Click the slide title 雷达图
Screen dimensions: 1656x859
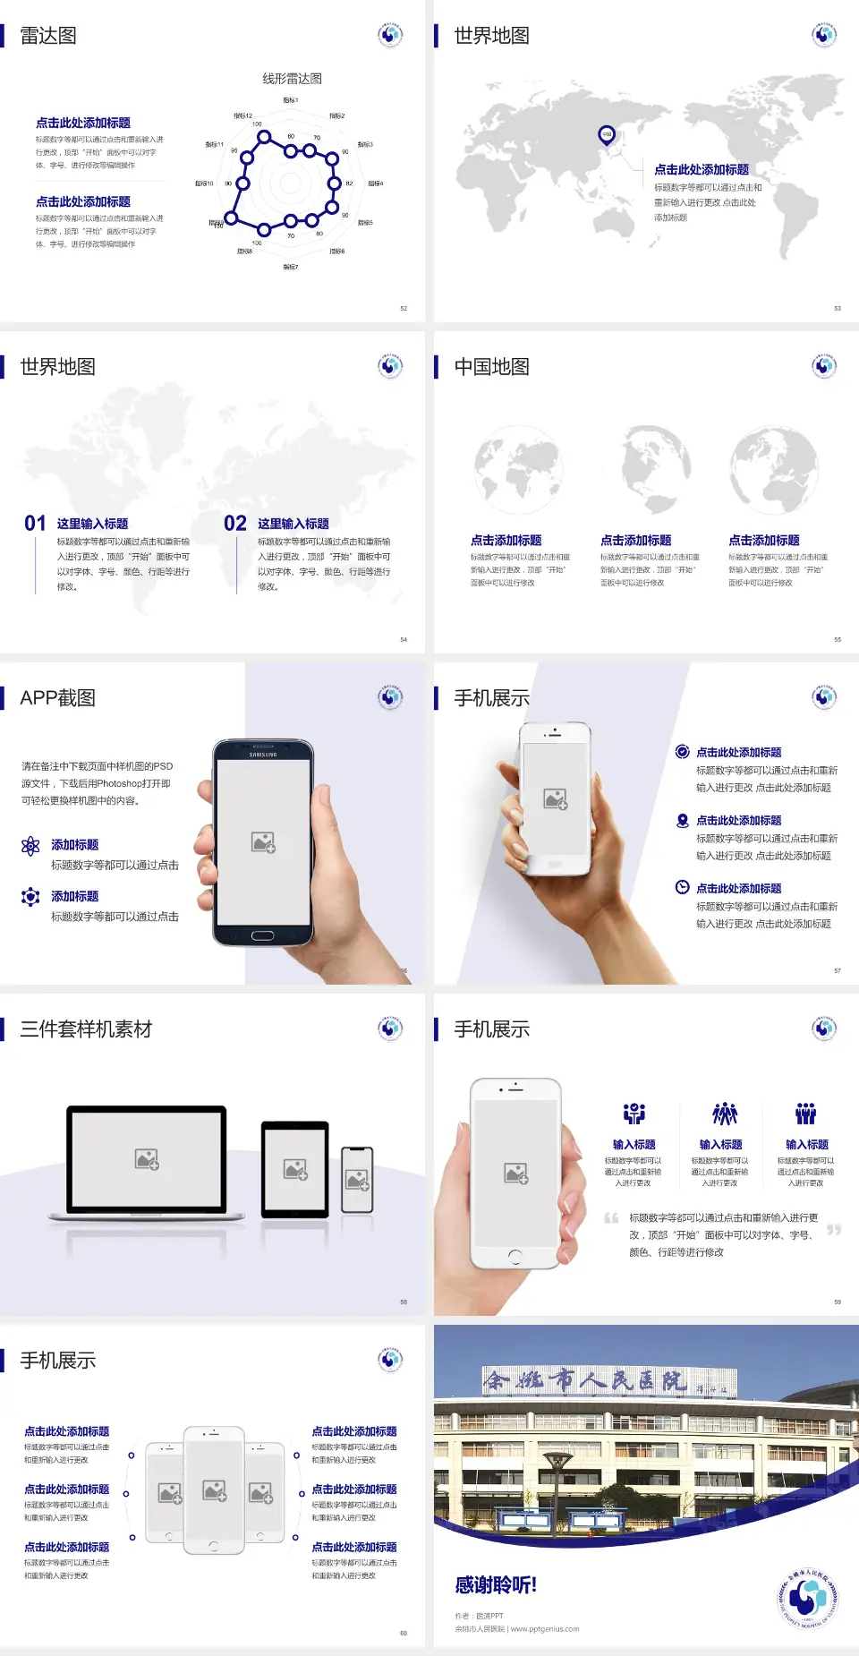click(x=48, y=36)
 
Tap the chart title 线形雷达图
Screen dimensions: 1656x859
click(x=292, y=79)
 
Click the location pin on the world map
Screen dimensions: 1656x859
click(x=607, y=135)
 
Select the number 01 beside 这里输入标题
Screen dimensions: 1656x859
click(x=35, y=524)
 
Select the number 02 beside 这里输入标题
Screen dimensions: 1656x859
click(x=235, y=524)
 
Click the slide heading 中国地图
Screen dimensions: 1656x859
click(x=491, y=367)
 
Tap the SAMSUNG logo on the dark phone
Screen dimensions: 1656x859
click(x=263, y=755)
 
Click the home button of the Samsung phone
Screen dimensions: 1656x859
click(x=262, y=935)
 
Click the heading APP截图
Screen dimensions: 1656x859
click(x=57, y=698)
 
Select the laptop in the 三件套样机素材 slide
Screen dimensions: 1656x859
click(x=147, y=1162)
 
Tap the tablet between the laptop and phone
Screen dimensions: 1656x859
click(x=295, y=1168)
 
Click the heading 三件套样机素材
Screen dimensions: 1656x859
click(x=86, y=1029)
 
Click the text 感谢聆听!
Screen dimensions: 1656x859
click(x=496, y=1585)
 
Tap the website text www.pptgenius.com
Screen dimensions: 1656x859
click(x=545, y=1629)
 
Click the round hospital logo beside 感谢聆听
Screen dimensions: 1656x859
click(x=807, y=1599)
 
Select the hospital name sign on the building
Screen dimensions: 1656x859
click(x=608, y=1381)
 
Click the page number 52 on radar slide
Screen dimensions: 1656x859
click(x=404, y=308)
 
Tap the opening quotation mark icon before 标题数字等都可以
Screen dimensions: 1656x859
click(x=611, y=1217)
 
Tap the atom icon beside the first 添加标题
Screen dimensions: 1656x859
click(x=30, y=846)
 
